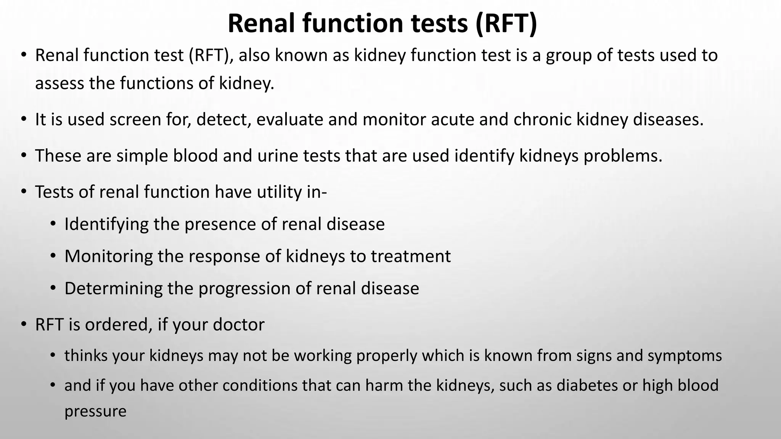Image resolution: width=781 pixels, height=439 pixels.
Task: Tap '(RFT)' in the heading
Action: [x=506, y=24]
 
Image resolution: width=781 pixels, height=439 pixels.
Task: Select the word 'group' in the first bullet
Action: [x=570, y=56]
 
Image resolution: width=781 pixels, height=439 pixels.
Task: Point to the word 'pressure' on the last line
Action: [x=95, y=412]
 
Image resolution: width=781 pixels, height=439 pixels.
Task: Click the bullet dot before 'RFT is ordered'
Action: [x=24, y=324]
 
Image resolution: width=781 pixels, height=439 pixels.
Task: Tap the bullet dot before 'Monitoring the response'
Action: [x=53, y=256]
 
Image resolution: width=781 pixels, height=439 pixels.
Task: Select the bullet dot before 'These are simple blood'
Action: [x=24, y=155]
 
